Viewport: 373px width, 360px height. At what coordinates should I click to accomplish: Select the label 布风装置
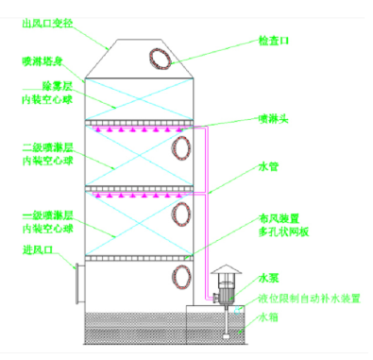coord(279,216)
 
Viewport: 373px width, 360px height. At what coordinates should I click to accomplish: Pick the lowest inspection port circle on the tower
coord(179,278)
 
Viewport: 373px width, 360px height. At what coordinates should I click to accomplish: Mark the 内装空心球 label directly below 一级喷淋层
coord(45,229)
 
